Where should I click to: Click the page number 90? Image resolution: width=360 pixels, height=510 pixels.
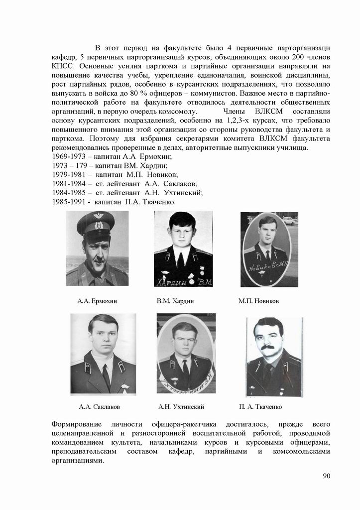coord(327,476)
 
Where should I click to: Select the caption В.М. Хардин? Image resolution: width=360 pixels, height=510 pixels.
coord(175,301)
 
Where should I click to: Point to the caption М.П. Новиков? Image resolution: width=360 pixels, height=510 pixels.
coord(258,301)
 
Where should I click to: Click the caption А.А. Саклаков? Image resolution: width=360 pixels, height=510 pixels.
coord(100,407)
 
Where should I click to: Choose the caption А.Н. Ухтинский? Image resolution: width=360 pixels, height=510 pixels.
coord(181,407)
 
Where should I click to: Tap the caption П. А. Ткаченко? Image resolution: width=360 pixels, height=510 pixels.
coord(260,407)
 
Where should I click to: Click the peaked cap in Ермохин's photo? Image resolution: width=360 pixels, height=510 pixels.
coord(96,223)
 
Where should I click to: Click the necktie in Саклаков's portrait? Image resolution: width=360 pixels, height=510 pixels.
coord(106,377)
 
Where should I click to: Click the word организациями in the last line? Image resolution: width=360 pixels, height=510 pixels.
coord(78,461)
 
